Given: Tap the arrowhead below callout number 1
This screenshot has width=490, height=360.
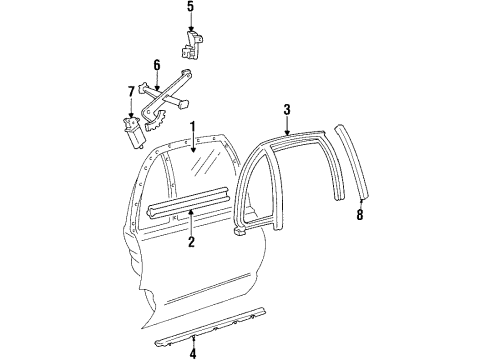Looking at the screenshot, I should (194, 150).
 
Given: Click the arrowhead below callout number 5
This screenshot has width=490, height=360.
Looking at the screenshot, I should (191, 31).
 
